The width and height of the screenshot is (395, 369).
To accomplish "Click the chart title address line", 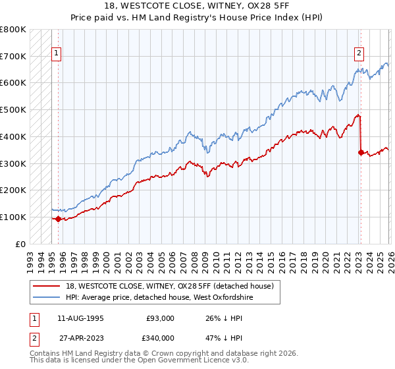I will pos(197,5).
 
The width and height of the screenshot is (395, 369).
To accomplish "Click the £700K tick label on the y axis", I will pos(13,56).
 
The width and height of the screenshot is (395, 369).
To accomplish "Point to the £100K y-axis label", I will pos(13,217).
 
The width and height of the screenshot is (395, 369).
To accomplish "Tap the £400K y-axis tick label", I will pos(13,136).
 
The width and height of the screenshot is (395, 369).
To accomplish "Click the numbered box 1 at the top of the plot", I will pos(57,54).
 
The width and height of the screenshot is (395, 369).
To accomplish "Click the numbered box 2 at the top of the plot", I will pos(359,54).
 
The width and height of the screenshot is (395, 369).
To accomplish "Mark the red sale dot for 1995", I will pos(58,219).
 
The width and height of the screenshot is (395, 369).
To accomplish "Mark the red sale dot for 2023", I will pos(360,152).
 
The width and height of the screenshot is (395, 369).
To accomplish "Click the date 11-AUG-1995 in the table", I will pos(80,318).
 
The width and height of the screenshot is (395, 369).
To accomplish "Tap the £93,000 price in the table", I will pos(160,318).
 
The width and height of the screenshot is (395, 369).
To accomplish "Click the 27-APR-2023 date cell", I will pos(80,339).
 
